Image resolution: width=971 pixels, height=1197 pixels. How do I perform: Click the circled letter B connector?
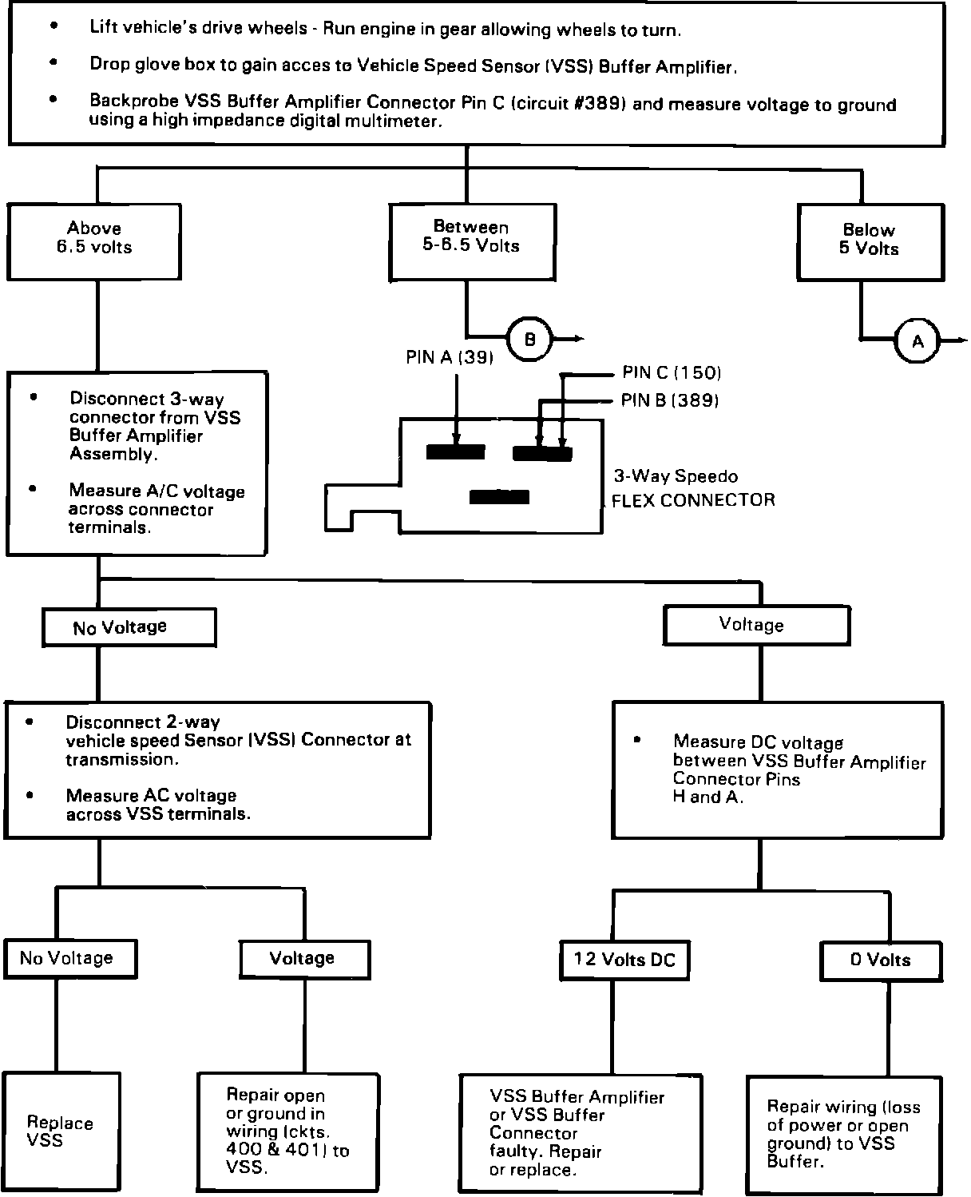(x=530, y=340)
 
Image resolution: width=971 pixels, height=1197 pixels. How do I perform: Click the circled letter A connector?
(x=917, y=341)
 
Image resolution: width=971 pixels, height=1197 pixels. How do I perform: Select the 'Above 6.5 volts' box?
(x=93, y=241)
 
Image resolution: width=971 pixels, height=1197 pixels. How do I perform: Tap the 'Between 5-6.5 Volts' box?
(x=472, y=241)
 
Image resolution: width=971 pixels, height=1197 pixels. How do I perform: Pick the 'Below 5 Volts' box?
(x=870, y=241)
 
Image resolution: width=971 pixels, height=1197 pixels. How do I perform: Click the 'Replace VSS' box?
(x=61, y=1131)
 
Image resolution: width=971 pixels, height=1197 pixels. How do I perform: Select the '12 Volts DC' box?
(x=624, y=960)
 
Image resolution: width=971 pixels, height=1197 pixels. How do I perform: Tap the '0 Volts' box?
(x=881, y=960)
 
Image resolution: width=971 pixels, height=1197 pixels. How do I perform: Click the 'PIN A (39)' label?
(x=450, y=358)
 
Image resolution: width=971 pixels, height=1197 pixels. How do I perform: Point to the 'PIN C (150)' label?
(x=672, y=373)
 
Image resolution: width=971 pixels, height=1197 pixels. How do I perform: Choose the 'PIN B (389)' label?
(x=670, y=400)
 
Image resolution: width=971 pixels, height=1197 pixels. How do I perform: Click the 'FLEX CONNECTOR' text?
(x=693, y=501)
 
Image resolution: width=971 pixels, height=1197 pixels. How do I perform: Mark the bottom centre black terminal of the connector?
(x=499, y=497)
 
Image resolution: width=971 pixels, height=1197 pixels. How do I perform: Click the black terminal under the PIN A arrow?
(x=455, y=452)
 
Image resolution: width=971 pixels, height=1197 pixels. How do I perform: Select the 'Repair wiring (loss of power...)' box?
(x=846, y=1134)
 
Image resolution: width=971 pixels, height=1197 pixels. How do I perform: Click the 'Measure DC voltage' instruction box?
(x=777, y=769)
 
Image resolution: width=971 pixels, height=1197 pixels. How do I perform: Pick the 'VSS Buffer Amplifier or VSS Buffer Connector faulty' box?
(x=581, y=1133)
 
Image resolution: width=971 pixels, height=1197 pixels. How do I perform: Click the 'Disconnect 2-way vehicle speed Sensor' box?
(x=217, y=769)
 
